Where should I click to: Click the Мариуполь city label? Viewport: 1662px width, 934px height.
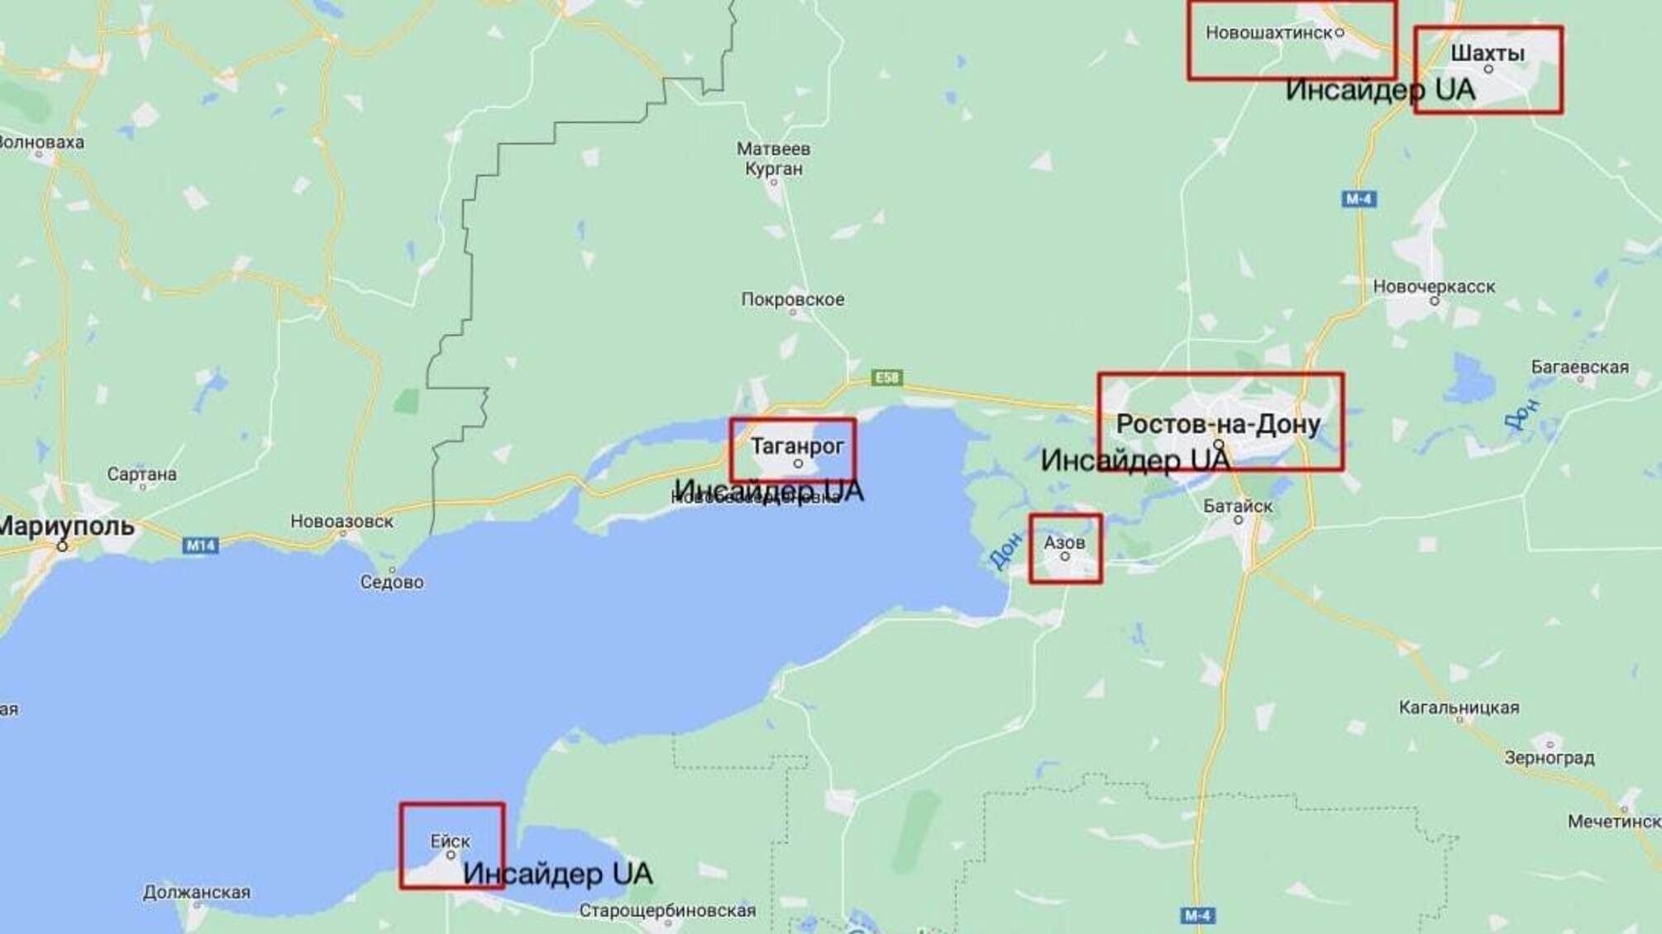(x=66, y=526)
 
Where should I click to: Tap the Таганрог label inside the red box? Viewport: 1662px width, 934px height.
(x=797, y=446)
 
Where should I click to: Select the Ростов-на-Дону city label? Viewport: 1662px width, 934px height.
(x=1218, y=424)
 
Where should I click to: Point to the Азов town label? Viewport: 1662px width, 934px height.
(x=1064, y=542)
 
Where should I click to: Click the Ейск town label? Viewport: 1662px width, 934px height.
(x=450, y=841)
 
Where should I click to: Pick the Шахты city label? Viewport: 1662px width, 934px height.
(x=1488, y=53)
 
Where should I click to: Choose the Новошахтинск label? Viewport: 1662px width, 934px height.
(x=1268, y=32)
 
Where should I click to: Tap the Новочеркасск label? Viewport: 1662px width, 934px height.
(x=1434, y=286)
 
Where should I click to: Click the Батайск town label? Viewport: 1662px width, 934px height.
(x=1238, y=506)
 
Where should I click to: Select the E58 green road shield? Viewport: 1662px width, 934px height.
(x=886, y=378)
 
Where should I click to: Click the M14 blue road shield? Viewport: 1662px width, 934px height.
(x=200, y=545)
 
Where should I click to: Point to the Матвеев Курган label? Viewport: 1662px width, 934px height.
(x=773, y=159)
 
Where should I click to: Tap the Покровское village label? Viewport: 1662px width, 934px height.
(x=792, y=299)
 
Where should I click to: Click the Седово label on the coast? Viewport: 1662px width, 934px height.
(x=392, y=582)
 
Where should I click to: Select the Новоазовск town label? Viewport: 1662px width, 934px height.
(x=341, y=521)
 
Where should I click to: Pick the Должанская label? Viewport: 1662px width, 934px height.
(x=196, y=892)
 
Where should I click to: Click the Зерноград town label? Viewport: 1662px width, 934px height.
(x=1550, y=757)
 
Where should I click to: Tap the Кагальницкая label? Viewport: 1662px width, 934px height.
(x=1459, y=707)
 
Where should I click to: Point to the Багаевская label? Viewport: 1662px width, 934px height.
(x=1579, y=366)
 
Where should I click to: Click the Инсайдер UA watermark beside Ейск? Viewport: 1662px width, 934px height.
(x=557, y=874)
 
